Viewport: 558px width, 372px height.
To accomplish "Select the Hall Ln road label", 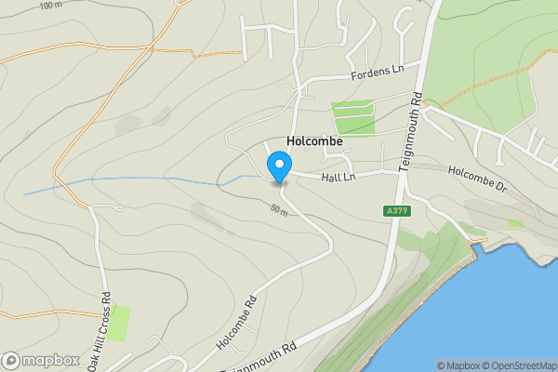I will click(x=339, y=178).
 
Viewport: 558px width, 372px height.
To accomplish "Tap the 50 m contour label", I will click(x=279, y=210).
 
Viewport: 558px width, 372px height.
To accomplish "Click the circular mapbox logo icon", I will click(x=11, y=360).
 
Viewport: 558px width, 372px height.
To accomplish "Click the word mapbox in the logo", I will click(x=51, y=360).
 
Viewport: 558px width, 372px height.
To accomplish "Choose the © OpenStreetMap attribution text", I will click(x=522, y=365).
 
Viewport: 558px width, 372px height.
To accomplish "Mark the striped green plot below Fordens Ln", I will click(x=353, y=118).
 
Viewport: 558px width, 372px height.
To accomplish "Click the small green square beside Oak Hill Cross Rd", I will click(x=118, y=322).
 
